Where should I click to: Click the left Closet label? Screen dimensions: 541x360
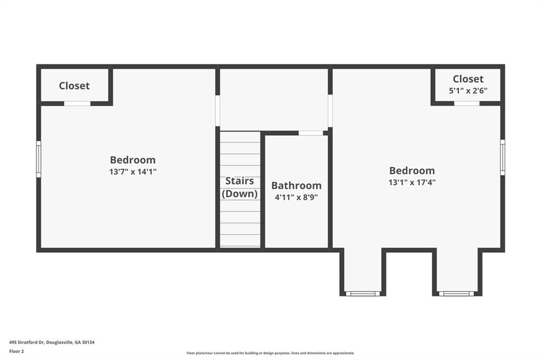(x=74, y=86)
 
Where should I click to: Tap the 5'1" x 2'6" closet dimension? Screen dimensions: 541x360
(x=468, y=91)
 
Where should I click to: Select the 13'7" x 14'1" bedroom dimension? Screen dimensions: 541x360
(x=133, y=172)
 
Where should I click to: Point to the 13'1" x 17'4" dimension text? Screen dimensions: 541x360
(x=412, y=183)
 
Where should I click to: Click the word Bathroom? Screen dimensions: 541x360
(x=296, y=185)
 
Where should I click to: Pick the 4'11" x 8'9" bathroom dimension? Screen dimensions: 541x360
(x=296, y=197)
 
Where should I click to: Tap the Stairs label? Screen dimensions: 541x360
(x=239, y=181)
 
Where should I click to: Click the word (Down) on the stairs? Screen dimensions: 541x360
(x=239, y=193)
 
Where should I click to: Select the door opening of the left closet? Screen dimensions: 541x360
(x=77, y=103)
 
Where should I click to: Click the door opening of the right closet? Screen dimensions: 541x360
(x=467, y=103)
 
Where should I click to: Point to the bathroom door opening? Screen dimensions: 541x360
(x=311, y=133)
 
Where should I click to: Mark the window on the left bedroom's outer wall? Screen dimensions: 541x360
(x=39, y=159)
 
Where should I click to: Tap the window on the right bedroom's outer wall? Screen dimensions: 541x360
(x=503, y=157)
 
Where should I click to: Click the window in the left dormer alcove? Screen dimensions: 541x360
(x=362, y=293)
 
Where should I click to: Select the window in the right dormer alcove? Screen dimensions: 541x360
(x=456, y=293)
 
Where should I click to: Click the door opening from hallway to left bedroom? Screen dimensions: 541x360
(x=218, y=111)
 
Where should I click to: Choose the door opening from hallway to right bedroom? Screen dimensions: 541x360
(x=330, y=111)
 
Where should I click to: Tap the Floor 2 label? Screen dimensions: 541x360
(x=16, y=352)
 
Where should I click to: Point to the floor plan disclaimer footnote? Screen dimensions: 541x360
(x=270, y=353)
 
